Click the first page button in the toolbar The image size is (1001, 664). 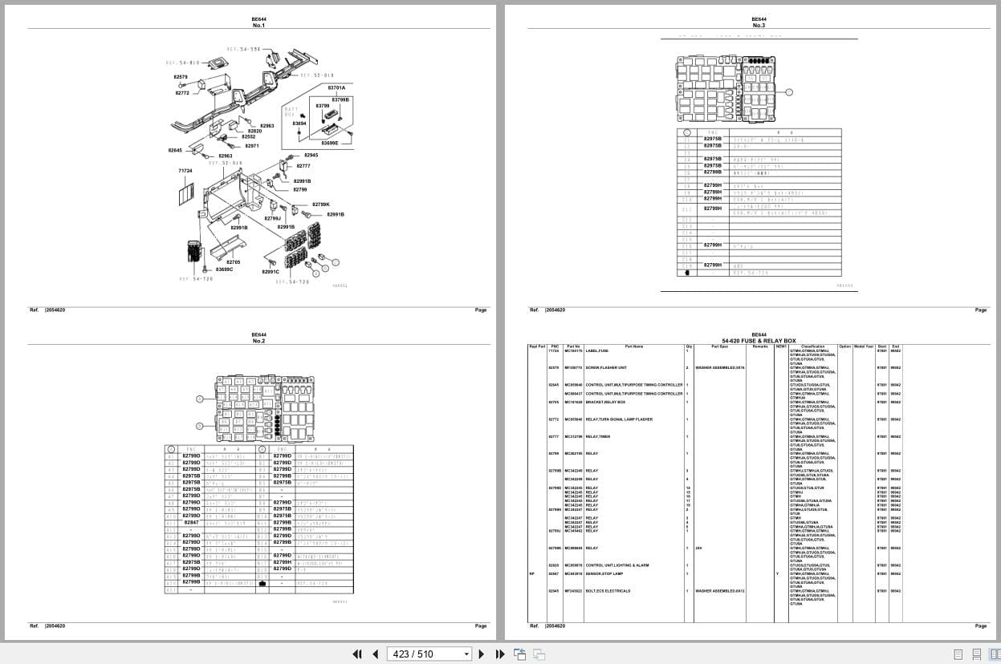(x=358, y=654)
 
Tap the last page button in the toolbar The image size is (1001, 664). (x=499, y=654)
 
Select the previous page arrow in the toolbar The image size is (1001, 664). (x=375, y=654)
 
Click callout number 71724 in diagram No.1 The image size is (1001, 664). (x=185, y=171)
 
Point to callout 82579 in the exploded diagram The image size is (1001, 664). (x=181, y=77)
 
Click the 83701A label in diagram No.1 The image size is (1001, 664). (x=336, y=87)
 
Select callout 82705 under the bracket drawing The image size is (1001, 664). (x=233, y=262)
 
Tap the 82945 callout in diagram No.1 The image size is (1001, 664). (x=311, y=155)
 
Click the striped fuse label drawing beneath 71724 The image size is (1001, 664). (x=185, y=192)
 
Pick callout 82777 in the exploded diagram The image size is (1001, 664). (x=303, y=166)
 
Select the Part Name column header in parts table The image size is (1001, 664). (x=633, y=346)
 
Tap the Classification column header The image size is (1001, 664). (x=812, y=346)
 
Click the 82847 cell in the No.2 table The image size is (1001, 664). (x=191, y=522)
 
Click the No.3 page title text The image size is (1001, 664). (x=759, y=26)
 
